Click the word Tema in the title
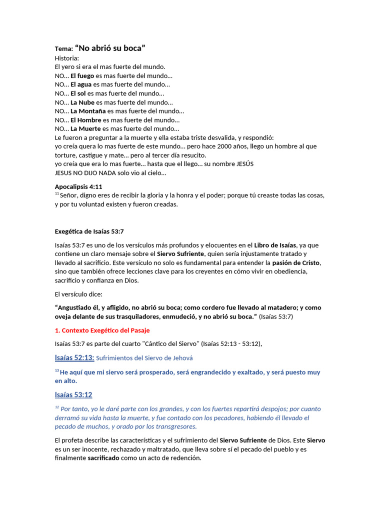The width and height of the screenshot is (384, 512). (63, 49)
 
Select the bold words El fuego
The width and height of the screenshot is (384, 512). (82, 75)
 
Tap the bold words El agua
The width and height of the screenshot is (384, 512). (81, 84)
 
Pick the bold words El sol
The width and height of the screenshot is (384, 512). (78, 93)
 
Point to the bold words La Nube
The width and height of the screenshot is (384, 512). (82, 102)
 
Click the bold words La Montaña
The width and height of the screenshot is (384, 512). (88, 111)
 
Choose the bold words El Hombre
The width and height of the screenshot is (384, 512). (85, 120)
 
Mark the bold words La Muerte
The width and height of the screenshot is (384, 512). (85, 128)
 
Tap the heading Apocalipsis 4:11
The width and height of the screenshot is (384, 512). (78, 186)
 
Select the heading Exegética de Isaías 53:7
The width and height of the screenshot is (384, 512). (89, 231)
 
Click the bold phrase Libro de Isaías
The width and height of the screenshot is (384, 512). (275, 245)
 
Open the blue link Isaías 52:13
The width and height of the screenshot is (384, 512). (74, 357)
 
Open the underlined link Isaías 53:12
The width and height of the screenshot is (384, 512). (73, 394)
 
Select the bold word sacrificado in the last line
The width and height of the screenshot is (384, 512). (103, 458)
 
